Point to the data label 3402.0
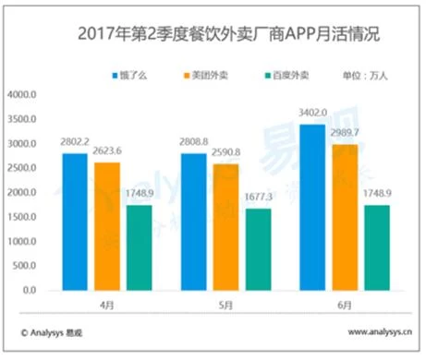312,114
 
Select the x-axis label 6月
345,303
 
